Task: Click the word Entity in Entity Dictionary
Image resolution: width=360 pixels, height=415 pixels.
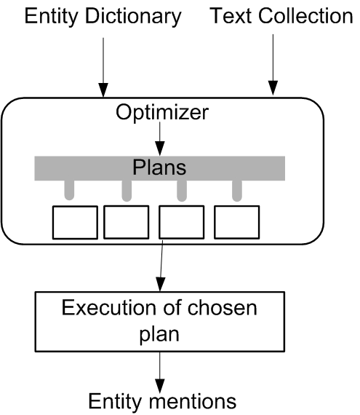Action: tap(51, 17)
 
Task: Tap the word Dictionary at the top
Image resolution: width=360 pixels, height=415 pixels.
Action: tap(133, 17)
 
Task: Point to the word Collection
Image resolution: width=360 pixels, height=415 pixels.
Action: tap(305, 16)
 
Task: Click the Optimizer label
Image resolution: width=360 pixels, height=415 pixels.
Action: tap(162, 112)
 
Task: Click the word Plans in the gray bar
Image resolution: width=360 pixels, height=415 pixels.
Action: tap(159, 167)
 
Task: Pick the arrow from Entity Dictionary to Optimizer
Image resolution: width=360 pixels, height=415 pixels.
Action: tap(103, 68)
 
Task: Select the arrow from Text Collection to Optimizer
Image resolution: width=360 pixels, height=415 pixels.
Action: tap(273, 64)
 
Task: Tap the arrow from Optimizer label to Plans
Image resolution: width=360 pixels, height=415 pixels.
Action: tap(160, 138)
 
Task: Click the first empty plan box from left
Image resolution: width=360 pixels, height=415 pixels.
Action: tap(75, 222)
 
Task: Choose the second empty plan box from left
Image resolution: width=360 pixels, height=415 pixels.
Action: tap(127, 222)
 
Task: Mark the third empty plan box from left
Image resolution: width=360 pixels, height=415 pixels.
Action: tap(182, 222)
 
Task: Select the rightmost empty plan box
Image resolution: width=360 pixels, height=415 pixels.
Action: tap(237, 222)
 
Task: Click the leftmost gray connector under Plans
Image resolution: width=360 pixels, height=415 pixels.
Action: tap(69, 190)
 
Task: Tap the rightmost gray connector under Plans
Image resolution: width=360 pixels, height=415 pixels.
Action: tap(237, 191)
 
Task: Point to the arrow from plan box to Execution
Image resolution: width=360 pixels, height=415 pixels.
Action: tap(161, 266)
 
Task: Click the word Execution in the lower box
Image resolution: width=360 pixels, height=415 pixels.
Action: tap(109, 308)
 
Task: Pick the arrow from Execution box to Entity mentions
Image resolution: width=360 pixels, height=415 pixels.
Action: tap(160, 373)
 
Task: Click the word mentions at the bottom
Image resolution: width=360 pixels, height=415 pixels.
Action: tap(193, 401)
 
